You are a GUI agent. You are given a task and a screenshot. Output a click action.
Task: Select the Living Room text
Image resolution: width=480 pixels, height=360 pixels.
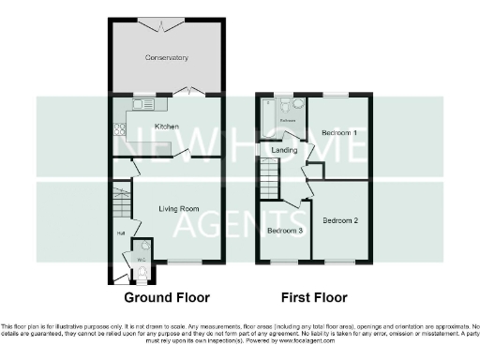(x=176, y=209)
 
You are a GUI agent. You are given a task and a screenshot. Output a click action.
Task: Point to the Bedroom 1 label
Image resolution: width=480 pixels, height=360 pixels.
(x=339, y=134)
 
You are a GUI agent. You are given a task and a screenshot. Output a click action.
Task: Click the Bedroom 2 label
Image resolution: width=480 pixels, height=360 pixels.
(x=341, y=221)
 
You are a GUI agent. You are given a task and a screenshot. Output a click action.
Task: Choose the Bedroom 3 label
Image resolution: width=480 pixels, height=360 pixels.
(x=285, y=231)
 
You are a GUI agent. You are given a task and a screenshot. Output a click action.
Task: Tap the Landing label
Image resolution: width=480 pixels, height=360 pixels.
(x=284, y=150)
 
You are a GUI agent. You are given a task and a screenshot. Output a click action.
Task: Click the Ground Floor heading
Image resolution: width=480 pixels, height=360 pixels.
(x=166, y=298)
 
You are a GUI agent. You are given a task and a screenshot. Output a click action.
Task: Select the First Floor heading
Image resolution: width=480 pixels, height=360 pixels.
(x=311, y=298)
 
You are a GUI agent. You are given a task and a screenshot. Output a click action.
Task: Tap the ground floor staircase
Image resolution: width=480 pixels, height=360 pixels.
(x=120, y=200)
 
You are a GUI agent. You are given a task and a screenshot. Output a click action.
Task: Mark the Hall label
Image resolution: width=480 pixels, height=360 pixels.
(x=121, y=233)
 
